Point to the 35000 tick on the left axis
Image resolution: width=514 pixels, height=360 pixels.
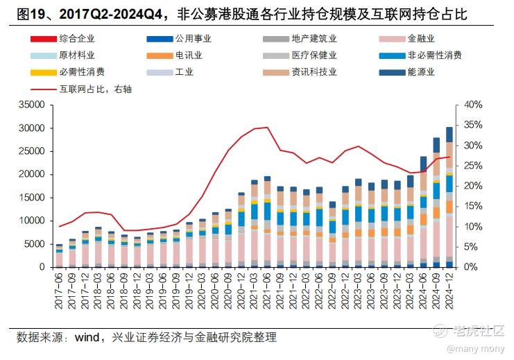point(31,105)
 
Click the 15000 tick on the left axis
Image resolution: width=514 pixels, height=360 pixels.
point(31,198)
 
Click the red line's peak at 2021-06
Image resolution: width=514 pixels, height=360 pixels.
point(267,128)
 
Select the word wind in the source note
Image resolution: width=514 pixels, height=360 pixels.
point(87,338)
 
